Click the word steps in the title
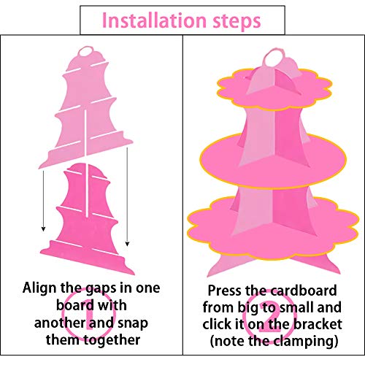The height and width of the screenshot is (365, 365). (237, 21)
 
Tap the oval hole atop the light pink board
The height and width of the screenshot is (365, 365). (86, 51)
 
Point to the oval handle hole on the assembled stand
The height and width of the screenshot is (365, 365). (274, 58)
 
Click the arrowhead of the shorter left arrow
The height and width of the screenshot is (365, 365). (43, 228)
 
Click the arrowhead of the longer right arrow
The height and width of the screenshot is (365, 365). (127, 244)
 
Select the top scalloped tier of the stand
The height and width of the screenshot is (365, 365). (274, 90)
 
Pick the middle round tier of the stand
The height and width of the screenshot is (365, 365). (273, 161)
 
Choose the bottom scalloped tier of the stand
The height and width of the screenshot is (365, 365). (272, 228)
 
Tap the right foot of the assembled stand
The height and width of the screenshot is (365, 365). (321, 264)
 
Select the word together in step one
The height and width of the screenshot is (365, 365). (112, 340)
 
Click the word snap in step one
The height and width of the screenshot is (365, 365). (133, 324)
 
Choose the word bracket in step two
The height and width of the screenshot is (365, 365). (318, 324)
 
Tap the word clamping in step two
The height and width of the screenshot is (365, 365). (304, 342)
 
